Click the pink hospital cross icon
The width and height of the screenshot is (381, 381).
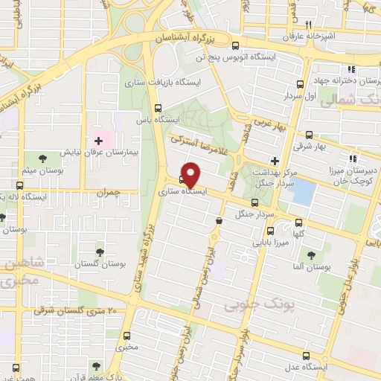[x=97, y=141]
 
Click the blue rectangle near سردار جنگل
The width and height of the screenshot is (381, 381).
[x=301, y=192]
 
